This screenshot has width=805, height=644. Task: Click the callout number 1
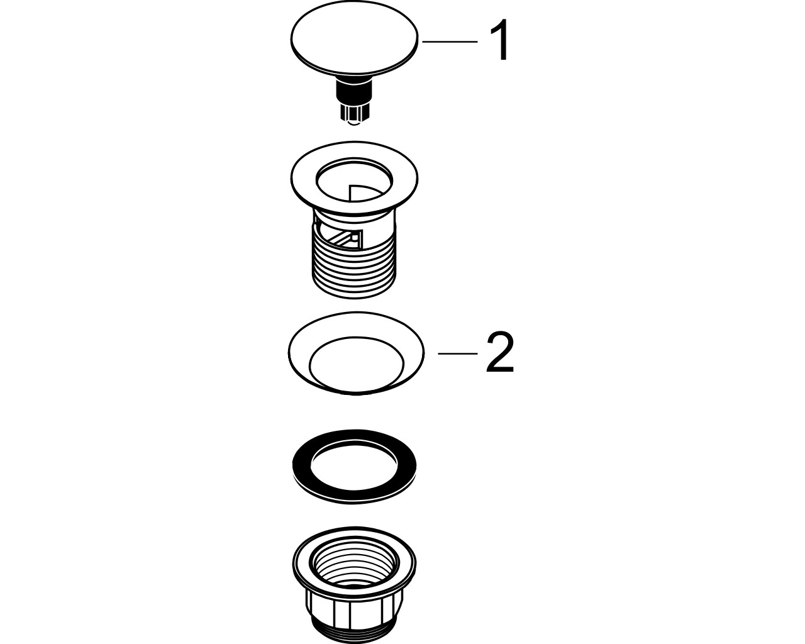point(501,40)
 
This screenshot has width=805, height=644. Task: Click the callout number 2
point(500,352)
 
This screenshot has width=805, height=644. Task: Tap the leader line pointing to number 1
point(450,42)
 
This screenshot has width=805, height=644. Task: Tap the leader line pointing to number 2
point(458,353)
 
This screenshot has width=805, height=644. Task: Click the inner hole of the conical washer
point(356,362)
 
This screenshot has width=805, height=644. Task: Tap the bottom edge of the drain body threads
point(354,296)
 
